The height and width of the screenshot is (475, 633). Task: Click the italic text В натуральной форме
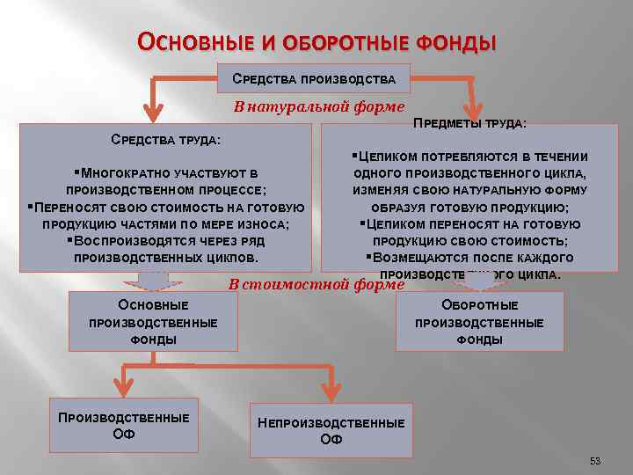point(317,106)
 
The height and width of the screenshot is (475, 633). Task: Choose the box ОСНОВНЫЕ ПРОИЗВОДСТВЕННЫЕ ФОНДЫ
point(153,321)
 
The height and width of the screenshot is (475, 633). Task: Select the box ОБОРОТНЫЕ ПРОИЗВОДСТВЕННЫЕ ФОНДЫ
point(479,321)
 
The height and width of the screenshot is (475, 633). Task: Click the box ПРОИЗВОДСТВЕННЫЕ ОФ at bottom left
point(123,426)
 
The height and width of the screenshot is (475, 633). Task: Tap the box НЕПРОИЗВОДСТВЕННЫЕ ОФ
point(331,430)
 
